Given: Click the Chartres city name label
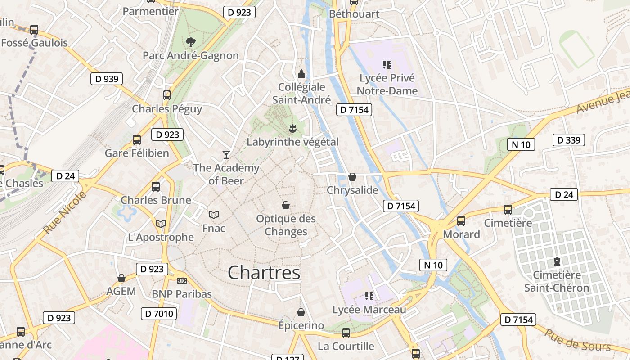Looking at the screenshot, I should [x=264, y=273].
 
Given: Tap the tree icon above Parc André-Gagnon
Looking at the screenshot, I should [x=191, y=42].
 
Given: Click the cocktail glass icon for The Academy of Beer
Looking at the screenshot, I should [x=226, y=155].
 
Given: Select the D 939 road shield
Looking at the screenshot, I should [x=107, y=79].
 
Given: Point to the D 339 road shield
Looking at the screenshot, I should [x=569, y=140].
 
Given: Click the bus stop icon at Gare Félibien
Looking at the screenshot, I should [x=137, y=140].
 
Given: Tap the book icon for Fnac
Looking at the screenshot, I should [x=214, y=215].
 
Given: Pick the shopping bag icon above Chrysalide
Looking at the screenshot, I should [x=352, y=177].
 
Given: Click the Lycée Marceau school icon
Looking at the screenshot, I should [x=369, y=296].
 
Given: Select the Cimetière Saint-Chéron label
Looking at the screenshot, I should [x=557, y=281].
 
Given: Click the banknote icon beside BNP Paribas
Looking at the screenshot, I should [x=182, y=281].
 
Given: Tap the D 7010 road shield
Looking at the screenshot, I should [x=159, y=314].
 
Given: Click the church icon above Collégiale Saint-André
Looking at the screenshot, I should [x=301, y=74].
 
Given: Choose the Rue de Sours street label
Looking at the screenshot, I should [x=578, y=341].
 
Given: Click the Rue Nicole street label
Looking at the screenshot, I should [x=65, y=212].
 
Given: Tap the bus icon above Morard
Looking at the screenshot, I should [x=461, y=221].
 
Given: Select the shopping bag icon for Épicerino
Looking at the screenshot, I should [x=301, y=312].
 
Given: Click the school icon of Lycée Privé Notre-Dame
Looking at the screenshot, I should [x=387, y=65].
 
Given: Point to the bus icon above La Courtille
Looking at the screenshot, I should [x=346, y=333].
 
